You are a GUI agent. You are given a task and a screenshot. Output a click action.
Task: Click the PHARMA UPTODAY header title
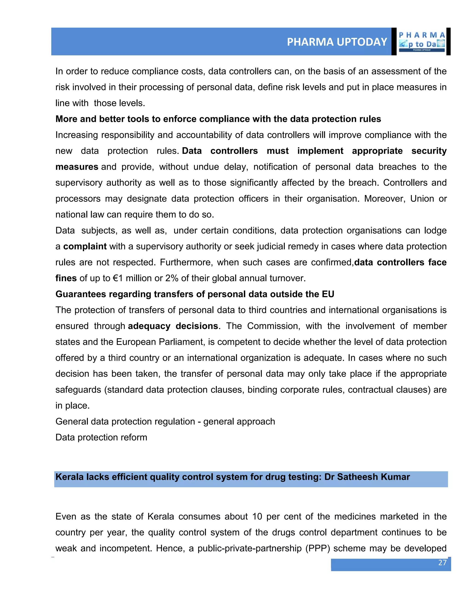click(x=337, y=42)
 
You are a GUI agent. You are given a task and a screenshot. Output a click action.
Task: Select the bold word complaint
click(x=85, y=247)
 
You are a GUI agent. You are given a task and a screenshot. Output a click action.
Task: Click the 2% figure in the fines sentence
click(x=172, y=278)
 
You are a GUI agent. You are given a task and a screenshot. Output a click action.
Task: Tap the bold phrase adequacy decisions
click(x=173, y=326)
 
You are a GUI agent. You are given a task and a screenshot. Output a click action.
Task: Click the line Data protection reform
click(x=101, y=438)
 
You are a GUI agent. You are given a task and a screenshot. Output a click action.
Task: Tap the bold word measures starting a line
click(x=77, y=167)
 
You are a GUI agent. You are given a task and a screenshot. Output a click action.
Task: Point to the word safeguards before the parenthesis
click(x=78, y=390)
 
